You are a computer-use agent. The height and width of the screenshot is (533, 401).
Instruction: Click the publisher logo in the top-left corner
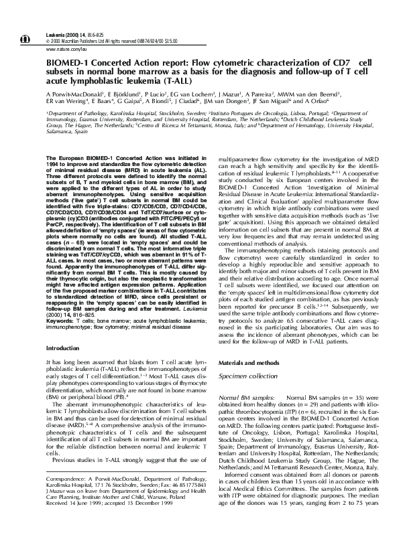click(x=27, y=21)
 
